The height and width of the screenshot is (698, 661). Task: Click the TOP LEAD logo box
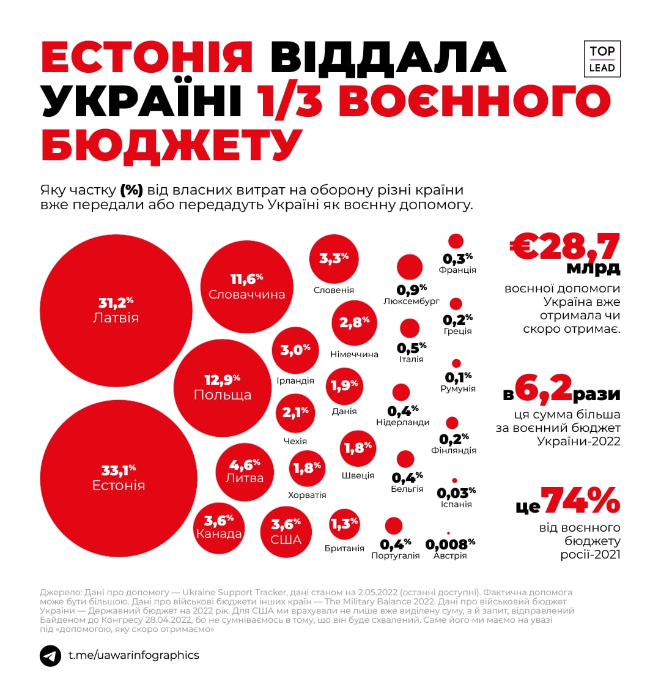coord(602,59)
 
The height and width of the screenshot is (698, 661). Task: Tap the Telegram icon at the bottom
coord(50,656)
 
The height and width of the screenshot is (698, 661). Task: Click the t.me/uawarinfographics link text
coord(134,655)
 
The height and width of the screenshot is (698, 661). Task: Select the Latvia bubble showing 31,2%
coord(116,310)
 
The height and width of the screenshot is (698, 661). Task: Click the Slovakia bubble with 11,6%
coord(246,286)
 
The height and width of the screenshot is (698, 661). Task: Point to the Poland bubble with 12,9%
coord(222,387)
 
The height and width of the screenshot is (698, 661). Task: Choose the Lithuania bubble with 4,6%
coord(245,472)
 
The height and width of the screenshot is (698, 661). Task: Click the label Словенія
coord(333,290)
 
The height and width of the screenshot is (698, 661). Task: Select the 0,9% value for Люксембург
coord(412,289)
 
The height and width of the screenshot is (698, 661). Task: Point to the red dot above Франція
coord(456,241)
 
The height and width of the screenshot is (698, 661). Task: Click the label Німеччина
coord(354,354)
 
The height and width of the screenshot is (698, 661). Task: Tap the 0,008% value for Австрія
coord(450,544)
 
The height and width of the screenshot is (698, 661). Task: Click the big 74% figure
coord(580,501)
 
